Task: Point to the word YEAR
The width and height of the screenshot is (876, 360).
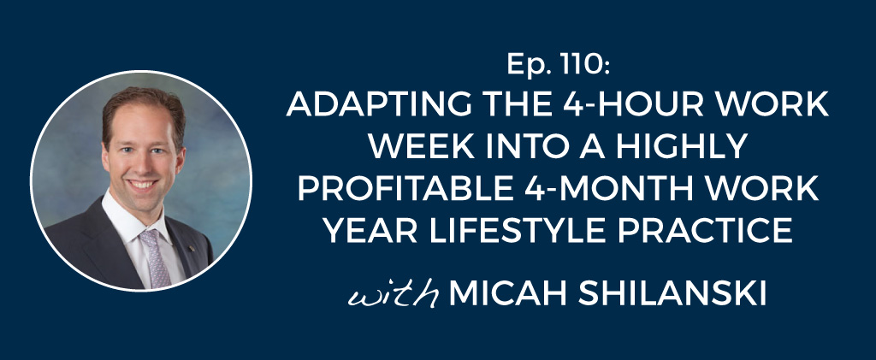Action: pyautogui.click(x=369, y=230)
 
